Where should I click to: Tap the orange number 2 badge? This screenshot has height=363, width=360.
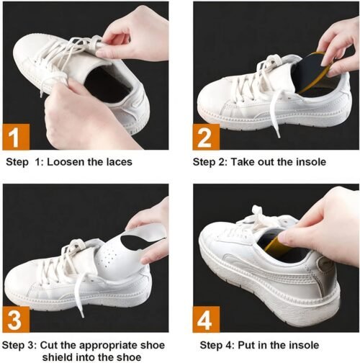(x=206, y=135)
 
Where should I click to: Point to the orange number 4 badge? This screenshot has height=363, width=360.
(x=206, y=317)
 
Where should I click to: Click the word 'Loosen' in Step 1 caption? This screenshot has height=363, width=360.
(x=66, y=162)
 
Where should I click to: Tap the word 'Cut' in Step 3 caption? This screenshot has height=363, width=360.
(x=55, y=344)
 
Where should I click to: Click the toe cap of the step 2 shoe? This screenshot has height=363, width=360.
(x=216, y=104)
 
